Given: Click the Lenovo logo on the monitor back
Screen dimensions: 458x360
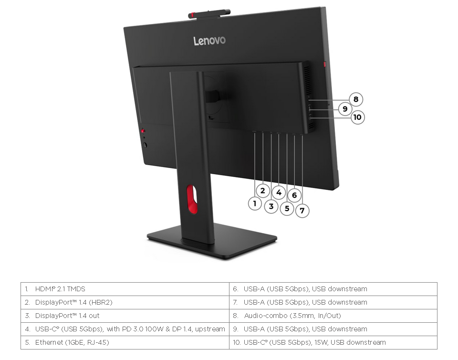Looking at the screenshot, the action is point(209,41).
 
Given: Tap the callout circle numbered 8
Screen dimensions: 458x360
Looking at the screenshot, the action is point(356,99).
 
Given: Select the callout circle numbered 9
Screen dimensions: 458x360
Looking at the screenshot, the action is point(345,109).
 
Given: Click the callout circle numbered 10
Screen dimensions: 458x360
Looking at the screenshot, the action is point(357,117).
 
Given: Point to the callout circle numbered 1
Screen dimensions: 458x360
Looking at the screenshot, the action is point(255,203).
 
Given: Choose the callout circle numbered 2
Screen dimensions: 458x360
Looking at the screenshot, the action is point(262,191).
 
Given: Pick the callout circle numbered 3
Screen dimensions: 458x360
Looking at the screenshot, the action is point(271,206).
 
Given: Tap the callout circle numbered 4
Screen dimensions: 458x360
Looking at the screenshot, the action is point(279,192).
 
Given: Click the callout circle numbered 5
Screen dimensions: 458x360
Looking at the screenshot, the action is point(287,208).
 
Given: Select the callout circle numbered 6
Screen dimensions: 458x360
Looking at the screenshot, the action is point(294,195).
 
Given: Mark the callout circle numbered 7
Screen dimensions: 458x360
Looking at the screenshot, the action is point(302,211).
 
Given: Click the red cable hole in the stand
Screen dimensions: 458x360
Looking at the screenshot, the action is point(192,199).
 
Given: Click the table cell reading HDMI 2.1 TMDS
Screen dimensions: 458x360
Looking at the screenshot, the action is point(125,289).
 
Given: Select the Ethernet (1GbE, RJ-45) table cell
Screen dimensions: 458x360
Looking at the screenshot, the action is point(125,342).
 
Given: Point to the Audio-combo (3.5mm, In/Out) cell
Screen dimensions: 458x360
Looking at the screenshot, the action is point(333,316).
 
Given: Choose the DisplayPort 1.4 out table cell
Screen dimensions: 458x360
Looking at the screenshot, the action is point(125,316).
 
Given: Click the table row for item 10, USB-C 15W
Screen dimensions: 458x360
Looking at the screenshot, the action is point(333,342).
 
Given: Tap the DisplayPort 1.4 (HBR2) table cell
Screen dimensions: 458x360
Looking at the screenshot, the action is point(125,302).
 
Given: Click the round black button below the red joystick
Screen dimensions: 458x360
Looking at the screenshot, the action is point(145,145).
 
